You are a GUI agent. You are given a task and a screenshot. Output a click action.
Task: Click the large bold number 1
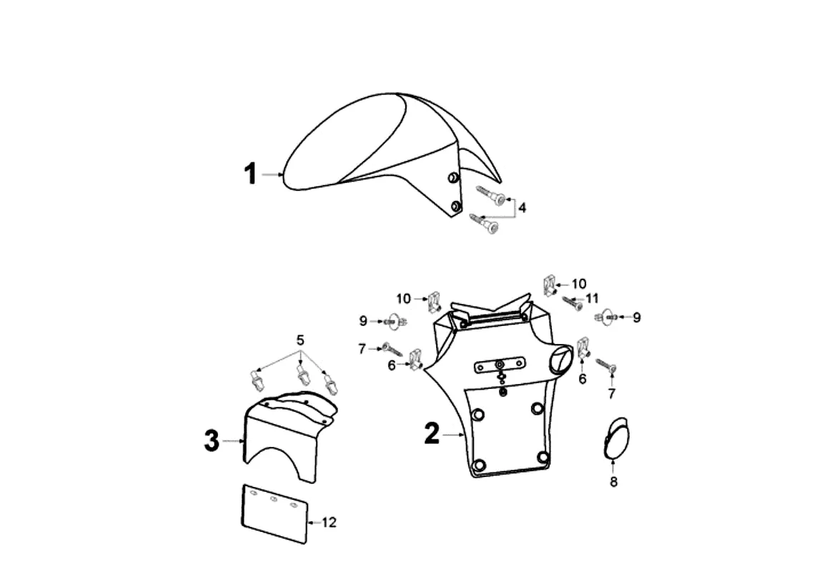(250, 174)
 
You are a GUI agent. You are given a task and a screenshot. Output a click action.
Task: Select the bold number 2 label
(432, 433)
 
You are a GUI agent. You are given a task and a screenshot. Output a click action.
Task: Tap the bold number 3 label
(212, 441)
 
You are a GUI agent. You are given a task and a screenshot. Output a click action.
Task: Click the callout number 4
(522, 207)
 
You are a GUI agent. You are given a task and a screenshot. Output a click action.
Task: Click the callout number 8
(613, 482)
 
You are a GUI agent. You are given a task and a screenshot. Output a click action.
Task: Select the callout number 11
(592, 298)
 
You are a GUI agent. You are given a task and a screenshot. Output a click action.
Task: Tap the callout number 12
(328, 523)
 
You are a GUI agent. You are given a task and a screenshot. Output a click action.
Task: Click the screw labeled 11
(573, 302)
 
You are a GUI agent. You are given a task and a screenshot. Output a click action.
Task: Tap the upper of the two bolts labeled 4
(491, 194)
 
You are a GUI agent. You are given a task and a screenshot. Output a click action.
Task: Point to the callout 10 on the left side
(404, 297)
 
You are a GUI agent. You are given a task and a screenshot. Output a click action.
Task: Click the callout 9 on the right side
(636, 317)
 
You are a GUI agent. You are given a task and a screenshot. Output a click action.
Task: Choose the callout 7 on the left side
(362, 348)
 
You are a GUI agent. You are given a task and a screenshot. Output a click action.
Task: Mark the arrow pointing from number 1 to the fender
(272, 174)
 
